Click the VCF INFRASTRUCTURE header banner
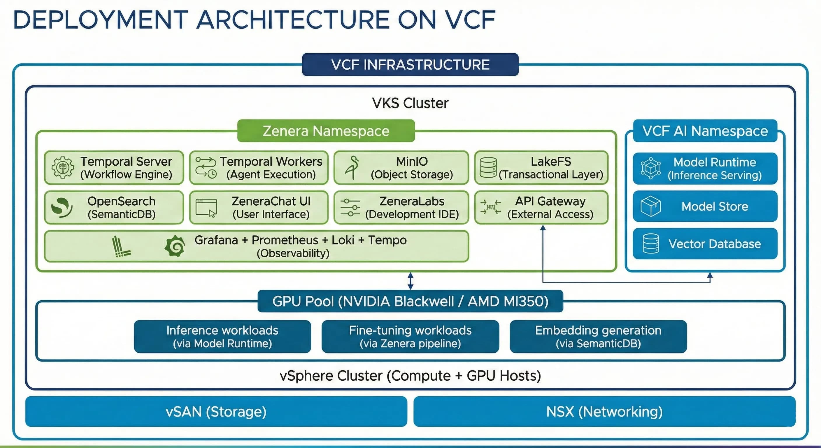410,64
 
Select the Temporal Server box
114,168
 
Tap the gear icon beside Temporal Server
62,167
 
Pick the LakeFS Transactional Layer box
541,168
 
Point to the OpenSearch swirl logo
61,208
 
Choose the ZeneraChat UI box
259,208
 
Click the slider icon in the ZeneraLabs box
350,208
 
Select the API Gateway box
541,208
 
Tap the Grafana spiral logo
175,246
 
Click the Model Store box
705,206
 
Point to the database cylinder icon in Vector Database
650,244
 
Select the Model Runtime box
705,168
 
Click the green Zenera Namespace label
326,131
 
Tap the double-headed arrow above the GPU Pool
410,281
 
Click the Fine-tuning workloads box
410,336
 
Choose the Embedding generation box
598,336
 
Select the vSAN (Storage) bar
216,411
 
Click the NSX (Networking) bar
604,411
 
